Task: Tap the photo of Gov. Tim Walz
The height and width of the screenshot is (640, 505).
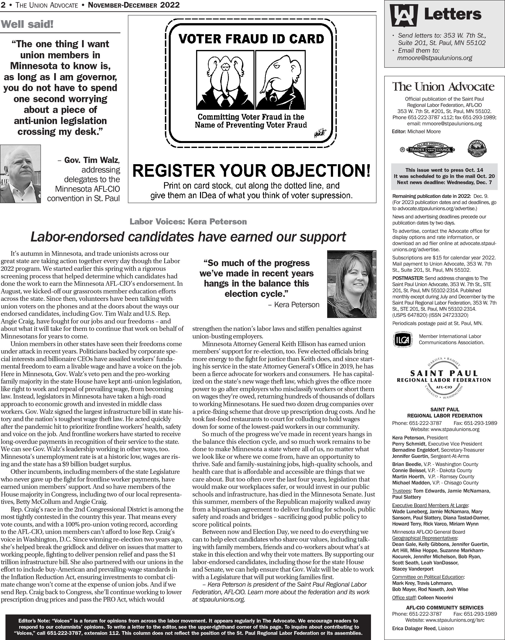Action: pos(20,174)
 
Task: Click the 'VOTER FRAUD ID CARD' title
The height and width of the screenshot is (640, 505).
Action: pos(251,39)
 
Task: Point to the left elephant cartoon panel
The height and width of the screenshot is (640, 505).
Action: pos(225,80)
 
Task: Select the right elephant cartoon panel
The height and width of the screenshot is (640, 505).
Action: pos(280,80)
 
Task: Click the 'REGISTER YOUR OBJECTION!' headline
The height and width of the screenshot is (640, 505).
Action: pos(251,171)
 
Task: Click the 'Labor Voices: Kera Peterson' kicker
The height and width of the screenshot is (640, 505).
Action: pos(188,222)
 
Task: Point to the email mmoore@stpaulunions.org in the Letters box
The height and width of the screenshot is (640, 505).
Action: pos(434,58)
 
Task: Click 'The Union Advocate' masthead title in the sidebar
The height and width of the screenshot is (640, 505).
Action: pos(443,87)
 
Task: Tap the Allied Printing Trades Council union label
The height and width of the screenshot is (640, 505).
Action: pos(431,149)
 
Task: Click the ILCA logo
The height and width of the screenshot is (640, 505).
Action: pos(402,339)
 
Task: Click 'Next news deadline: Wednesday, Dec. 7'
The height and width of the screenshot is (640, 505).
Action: pos(444,182)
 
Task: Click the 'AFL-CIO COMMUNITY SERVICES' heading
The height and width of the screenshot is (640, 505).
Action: pos(445,608)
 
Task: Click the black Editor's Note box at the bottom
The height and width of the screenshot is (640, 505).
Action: pos(188,627)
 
